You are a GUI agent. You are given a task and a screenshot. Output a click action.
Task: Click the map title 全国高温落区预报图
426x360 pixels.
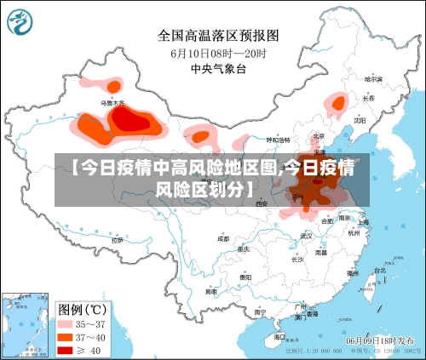pyautogui.click(x=218, y=36)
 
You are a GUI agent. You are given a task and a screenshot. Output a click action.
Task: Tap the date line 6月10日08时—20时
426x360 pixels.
pyautogui.click(x=218, y=54)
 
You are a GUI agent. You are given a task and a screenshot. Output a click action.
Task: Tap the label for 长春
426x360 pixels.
pyautogui.click(x=368, y=98)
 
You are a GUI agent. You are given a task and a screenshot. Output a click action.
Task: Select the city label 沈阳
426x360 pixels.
pyautogui.click(x=359, y=120)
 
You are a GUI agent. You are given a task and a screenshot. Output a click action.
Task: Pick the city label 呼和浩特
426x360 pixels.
pyautogui.click(x=278, y=140)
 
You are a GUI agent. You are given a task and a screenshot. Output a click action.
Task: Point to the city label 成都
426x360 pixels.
pyautogui.click(x=223, y=238)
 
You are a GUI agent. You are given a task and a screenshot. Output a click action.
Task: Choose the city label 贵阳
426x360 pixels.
pyautogui.click(x=245, y=277)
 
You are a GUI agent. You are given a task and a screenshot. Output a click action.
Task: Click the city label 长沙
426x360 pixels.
pyautogui.click(x=296, y=259)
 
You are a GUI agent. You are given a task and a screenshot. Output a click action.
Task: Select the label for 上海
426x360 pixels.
pyautogui.click(x=364, y=222)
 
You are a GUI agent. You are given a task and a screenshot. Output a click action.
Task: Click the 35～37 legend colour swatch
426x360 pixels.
pyautogui.click(x=66, y=324)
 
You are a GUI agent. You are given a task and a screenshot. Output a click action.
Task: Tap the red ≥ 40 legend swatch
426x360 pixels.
pyautogui.click(x=66, y=349)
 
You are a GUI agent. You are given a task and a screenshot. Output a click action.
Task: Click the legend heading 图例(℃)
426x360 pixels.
pyautogui.click(x=81, y=308)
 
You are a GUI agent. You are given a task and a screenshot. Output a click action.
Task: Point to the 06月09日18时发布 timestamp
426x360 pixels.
pyautogui.click(x=381, y=340)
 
